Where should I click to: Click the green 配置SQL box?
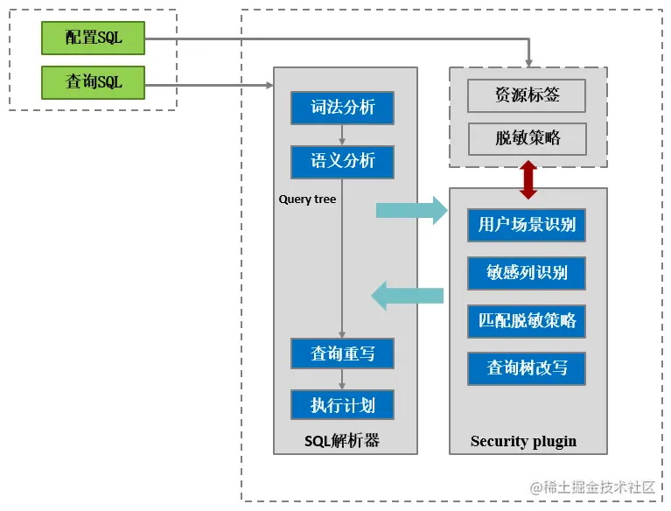(x=94, y=38)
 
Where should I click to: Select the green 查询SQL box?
(x=94, y=83)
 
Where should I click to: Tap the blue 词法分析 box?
(x=342, y=108)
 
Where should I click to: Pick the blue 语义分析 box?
(x=342, y=161)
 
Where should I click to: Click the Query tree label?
(x=307, y=199)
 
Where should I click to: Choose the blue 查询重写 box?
(x=342, y=353)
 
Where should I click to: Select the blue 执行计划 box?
(x=342, y=405)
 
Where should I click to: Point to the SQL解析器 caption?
(x=342, y=440)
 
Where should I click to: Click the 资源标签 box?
(x=527, y=95)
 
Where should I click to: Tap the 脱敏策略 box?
(x=527, y=138)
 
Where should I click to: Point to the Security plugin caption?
(x=523, y=441)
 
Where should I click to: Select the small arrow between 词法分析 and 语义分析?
(x=342, y=134)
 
